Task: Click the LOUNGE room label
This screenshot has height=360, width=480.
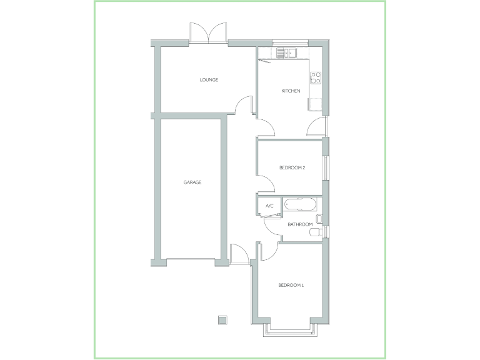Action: [x=209, y=80]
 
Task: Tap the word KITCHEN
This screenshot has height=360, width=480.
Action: [x=291, y=91]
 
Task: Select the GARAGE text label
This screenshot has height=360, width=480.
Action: [x=192, y=182]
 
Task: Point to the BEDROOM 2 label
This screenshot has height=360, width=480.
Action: [x=292, y=167]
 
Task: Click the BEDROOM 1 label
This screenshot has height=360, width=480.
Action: [x=291, y=286]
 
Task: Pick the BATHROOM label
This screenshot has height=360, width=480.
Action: [x=299, y=224]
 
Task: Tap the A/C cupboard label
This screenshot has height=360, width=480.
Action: [x=270, y=206]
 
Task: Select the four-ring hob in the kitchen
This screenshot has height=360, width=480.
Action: [x=316, y=78]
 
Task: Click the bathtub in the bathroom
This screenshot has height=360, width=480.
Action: [x=301, y=204]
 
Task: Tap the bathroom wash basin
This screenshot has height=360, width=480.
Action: [x=319, y=219]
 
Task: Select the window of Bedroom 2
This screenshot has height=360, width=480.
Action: [x=325, y=167]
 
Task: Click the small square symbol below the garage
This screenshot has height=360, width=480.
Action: [x=222, y=320]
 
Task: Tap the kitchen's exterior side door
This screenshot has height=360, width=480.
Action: [x=317, y=126]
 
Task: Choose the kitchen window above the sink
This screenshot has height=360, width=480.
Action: [x=290, y=43]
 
